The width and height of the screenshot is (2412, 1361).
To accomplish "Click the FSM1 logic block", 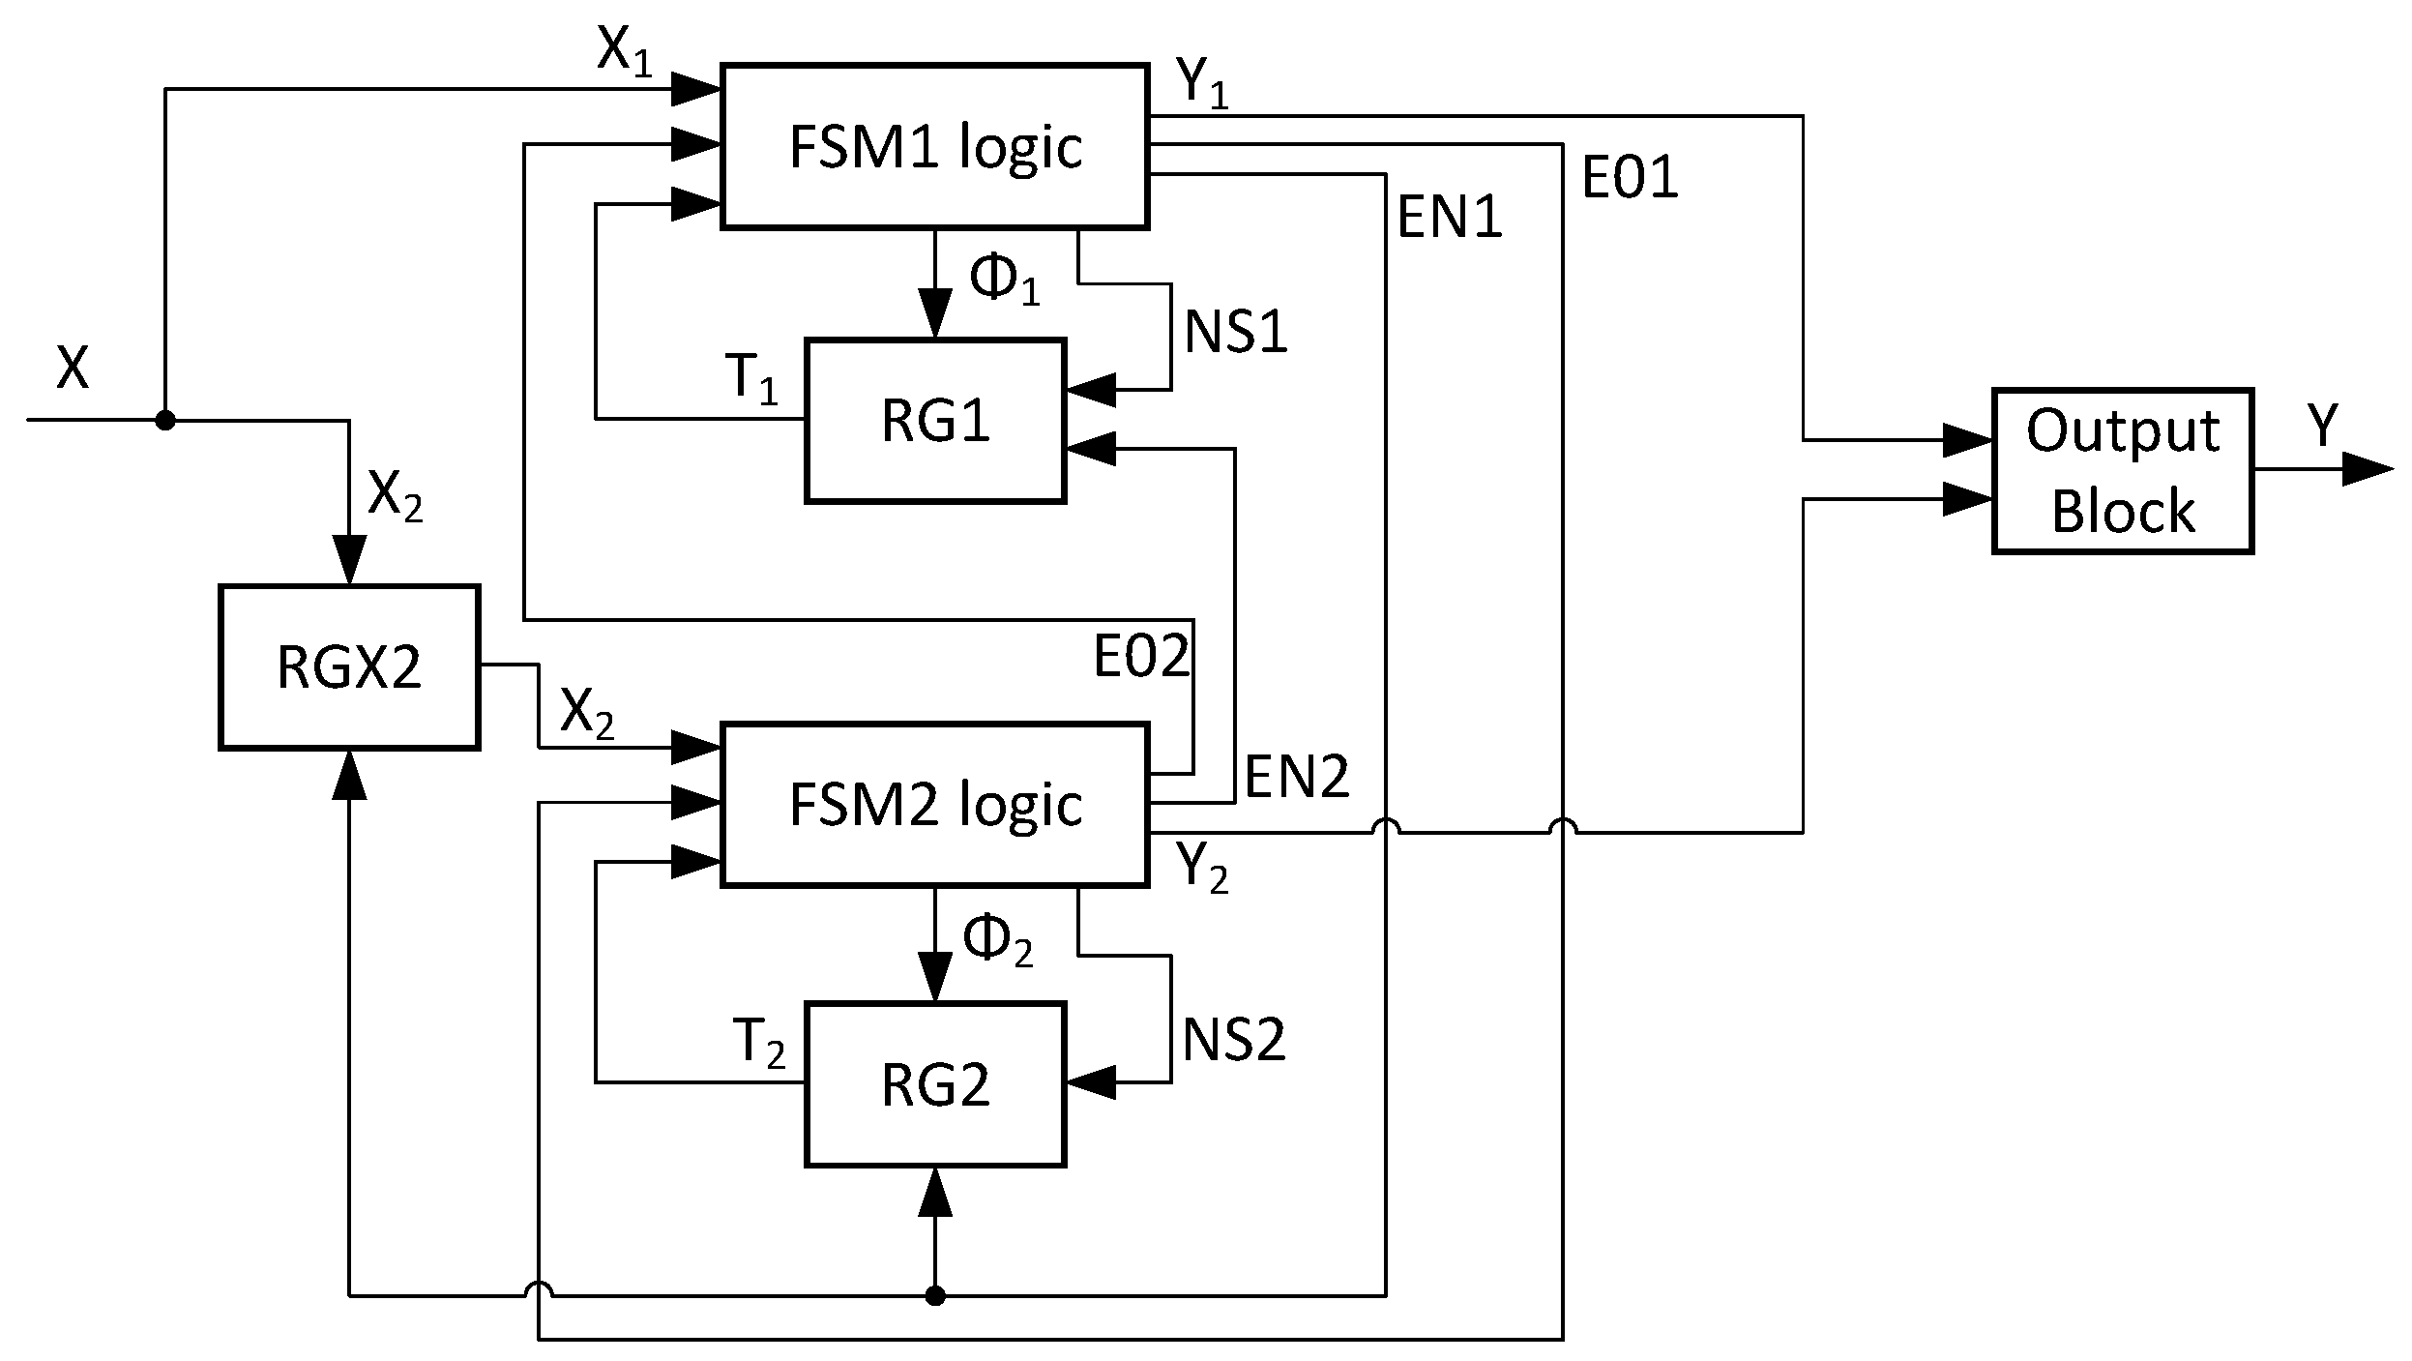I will pos(934,147).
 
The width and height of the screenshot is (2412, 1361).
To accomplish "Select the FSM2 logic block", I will pos(934,804).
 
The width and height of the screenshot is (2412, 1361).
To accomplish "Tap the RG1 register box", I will pos(935,421).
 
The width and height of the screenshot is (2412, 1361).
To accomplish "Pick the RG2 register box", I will pos(935,1084).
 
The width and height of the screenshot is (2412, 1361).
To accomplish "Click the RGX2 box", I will pos(349,666).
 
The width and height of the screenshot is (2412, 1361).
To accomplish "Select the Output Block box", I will pos(2122,471).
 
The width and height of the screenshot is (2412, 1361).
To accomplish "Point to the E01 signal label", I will pos(1630,178).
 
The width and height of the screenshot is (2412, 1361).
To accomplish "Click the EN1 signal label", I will pos(1449,217).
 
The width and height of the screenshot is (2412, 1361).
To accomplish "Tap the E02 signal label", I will pos(1140,657).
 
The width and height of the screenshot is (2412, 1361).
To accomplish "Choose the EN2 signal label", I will pos(1296,776).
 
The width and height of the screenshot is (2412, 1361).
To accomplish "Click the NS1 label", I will pos(1235,333).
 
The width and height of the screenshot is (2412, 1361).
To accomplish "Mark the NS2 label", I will pos(1234,1041).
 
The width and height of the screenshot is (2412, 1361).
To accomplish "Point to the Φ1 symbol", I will pos(1002,281).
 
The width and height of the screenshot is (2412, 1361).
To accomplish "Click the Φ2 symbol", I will pos(996,940).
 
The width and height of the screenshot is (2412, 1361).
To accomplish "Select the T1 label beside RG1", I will pos(753,377).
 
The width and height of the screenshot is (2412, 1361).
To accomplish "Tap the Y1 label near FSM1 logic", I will pos(1202,83).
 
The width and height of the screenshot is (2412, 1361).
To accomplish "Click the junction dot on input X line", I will pos(166,420).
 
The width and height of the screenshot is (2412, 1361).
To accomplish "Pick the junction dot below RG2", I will pos(934,1295).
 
